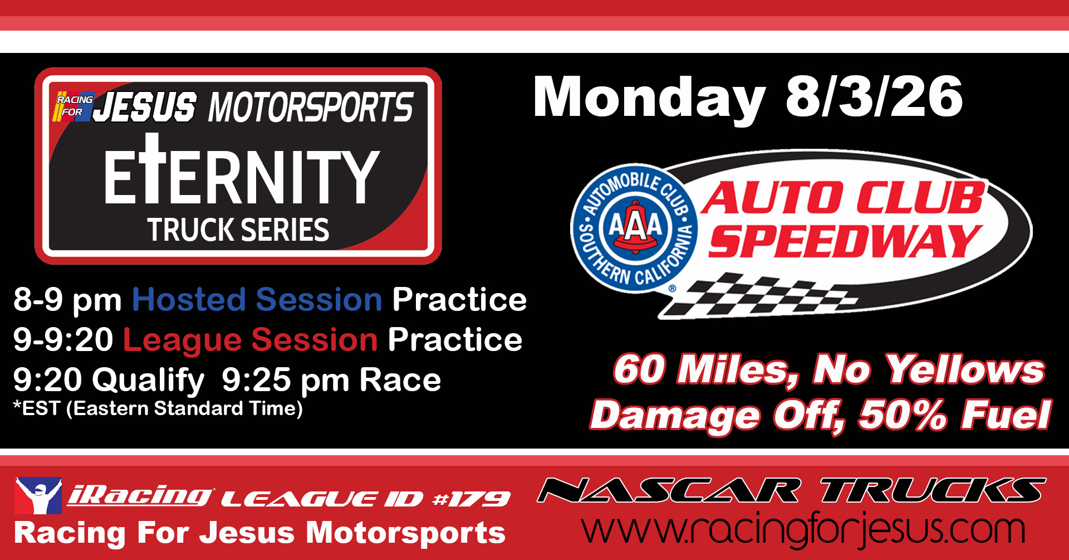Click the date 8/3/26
[x=874, y=97]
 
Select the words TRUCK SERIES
[x=238, y=230]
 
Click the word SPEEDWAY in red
[x=845, y=241]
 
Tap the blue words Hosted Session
[x=257, y=300]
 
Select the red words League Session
[x=251, y=340]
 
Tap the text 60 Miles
[x=706, y=370]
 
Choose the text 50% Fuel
[x=955, y=416]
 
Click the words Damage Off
[x=717, y=417]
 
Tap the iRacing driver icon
[x=38, y=496]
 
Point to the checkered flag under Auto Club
[x=760, y=295]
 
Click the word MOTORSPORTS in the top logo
[x=311, y=107]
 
